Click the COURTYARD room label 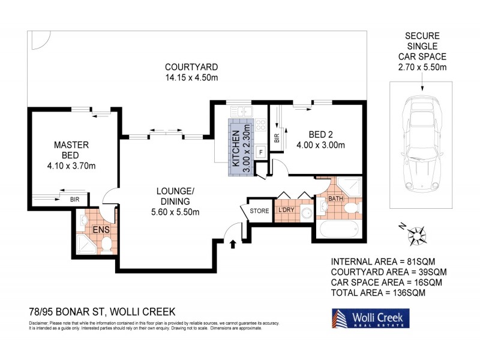191,67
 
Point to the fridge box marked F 260,152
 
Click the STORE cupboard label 259,211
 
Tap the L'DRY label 285,211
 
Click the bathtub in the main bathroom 338,230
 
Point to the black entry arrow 233,243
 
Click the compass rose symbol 415,235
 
